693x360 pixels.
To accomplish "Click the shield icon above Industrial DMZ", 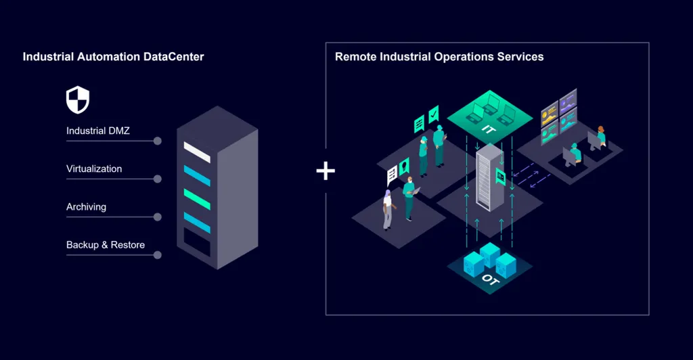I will (78, 100).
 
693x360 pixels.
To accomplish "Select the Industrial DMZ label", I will (97, 131).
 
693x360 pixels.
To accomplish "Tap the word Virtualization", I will (94, 168).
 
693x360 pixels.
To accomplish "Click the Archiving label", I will (86, 206).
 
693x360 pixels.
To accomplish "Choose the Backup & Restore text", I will (105, 244).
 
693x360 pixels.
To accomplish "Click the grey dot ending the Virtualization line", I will (158, 179).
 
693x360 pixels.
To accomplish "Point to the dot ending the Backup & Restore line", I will (158, 255).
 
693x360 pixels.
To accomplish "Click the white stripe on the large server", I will (197, 152).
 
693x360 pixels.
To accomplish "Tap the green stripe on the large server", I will (197, 198).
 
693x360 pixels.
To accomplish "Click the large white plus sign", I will (326, 171).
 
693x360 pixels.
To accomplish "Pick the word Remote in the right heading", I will (354, 57).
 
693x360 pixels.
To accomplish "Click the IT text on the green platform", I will (488, 129).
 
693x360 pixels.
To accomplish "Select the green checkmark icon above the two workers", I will (434, 112).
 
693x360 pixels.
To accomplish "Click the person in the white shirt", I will (387, 210).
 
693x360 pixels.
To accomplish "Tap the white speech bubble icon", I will (392, 177).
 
